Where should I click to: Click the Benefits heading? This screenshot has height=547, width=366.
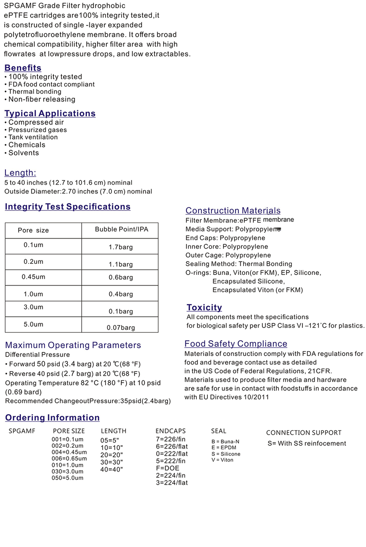click(x=23, y=68)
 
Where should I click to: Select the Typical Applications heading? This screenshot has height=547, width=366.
click(x=50, y=113)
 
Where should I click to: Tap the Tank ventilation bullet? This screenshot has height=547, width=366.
click(x=33, y=137)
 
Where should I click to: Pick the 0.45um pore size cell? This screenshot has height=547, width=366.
click(x=33, y=277)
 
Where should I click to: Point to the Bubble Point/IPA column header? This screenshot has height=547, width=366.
click(x=121, y=229)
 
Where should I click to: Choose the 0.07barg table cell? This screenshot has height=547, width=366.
click(x=121, y=327)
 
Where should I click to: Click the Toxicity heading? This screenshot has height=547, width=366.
click(x=204, y=307)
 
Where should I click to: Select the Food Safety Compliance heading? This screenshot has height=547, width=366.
click(x=236, y=344)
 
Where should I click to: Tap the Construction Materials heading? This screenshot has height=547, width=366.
click(x=233, y=210)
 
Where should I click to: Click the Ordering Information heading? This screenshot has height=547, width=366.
click(x=52, y=417)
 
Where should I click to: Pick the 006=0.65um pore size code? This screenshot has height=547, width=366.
click(x=69, y=459)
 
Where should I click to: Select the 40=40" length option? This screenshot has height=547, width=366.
click(x=111, y=469)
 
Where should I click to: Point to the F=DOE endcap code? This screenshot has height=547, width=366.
click(x=167, y=468)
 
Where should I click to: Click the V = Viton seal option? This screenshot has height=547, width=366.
click(x=222, y=460)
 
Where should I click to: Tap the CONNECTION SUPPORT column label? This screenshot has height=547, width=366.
click(x=304, y=433)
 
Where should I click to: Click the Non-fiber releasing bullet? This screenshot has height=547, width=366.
click(x=42, y=99)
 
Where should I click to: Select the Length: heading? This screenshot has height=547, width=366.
click(x=20, y=173)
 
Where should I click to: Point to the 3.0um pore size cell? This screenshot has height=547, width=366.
click(x=33, y=307)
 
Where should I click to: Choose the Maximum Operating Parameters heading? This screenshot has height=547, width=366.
click(x=73, y=345)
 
